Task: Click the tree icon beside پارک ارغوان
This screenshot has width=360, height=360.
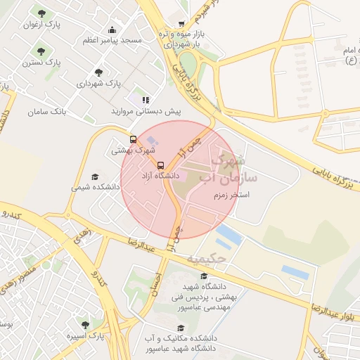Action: click(x=42, y=14)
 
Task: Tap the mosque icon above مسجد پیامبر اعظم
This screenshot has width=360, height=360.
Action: click(x=112, y=30)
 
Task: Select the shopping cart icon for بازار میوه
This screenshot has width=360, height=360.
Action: click(x=183, y=23)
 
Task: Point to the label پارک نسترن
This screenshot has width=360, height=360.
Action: click(x=41, y=63)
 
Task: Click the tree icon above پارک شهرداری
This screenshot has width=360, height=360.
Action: click(x=98, y=72)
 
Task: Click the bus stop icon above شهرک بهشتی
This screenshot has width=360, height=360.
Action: click(x=133, y=139)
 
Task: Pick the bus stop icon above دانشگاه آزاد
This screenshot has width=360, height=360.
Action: click(x=160, y=165)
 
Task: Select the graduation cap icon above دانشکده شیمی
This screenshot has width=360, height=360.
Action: click(x=95, y=176)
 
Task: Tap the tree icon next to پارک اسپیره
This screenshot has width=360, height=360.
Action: click(x=85, y=325)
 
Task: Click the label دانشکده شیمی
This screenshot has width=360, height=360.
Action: click(x=96, y=188)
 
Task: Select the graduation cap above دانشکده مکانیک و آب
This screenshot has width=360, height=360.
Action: click(x=180, y=328)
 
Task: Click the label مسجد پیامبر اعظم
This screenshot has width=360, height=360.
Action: click(x=112, y=40)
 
